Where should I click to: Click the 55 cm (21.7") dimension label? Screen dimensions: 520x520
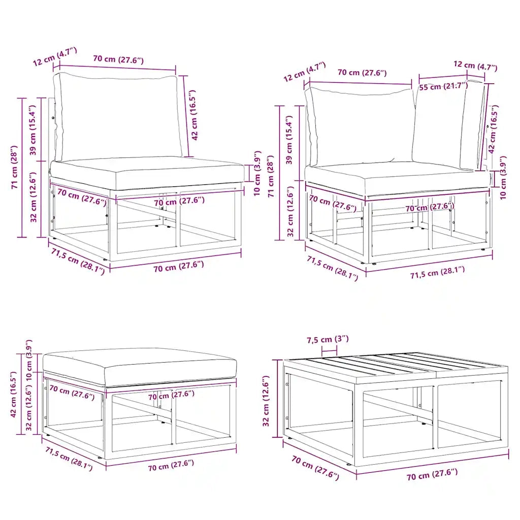443,86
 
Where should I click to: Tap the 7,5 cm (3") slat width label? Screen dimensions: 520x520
328,339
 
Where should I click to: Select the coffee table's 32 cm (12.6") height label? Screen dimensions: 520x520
266,401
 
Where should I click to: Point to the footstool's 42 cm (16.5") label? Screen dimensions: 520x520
14,394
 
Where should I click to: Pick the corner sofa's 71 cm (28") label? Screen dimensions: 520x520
271,176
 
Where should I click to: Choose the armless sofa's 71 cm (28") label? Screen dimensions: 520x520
14,167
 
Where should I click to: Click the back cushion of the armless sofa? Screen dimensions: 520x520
118,117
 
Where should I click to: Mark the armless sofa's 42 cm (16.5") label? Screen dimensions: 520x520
194,115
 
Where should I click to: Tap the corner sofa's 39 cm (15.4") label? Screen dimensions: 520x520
289,140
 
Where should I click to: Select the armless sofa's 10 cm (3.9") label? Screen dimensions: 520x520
257,173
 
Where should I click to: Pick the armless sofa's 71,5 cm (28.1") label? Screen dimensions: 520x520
78,261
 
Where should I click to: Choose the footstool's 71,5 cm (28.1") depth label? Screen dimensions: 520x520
69,459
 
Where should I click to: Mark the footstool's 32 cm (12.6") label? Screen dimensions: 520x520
29,408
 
